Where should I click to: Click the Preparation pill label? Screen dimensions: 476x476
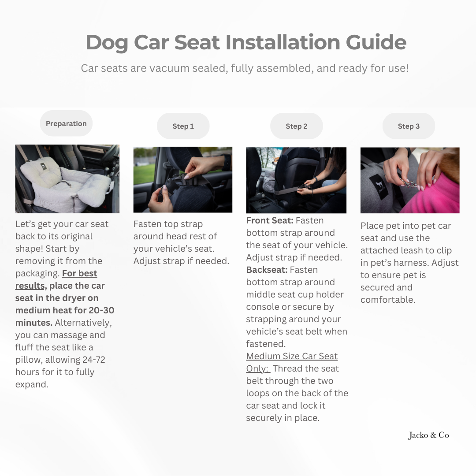66,123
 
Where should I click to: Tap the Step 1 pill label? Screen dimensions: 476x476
183,126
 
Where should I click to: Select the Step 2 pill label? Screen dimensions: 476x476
296,126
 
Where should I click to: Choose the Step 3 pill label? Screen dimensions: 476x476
409,126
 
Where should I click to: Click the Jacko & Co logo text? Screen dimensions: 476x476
428,435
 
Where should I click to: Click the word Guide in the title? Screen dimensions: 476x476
376,42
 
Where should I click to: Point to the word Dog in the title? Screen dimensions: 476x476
107,43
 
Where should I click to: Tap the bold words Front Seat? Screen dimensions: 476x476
270,220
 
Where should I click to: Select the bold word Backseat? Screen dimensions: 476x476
267,270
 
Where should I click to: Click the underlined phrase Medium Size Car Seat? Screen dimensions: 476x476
292,356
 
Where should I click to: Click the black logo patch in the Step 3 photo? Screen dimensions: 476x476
378,187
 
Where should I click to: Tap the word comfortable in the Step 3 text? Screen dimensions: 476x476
388,300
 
